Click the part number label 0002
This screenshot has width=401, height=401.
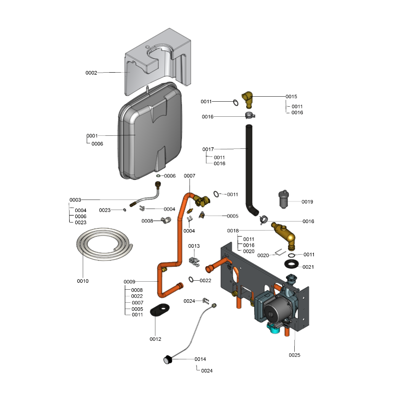pyautogui.click(x=91, y=73)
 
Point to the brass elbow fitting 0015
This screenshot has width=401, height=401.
pyautogui.click(x=247, y=99)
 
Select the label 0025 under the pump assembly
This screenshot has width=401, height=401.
pyautogui.click(x=294, y=355)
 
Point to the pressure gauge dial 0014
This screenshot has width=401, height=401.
pyautogui.click(x=167, y=359)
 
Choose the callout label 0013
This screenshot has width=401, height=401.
pyautogui.click(x=194, y=246)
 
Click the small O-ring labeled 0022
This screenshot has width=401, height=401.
pyautogui.click(x=191, y=279)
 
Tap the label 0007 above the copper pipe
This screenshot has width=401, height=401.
pyautogui.click(x=189, y=176)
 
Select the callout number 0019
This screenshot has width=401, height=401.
pyautogui.click(x=307, y=202)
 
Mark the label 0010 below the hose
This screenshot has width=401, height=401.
pyautogui.click(x=83, y=281)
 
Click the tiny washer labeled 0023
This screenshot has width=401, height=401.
pyautogui.click(x=124, y=210)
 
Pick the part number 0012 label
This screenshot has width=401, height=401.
pyautogui.click(x=155, y=339)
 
